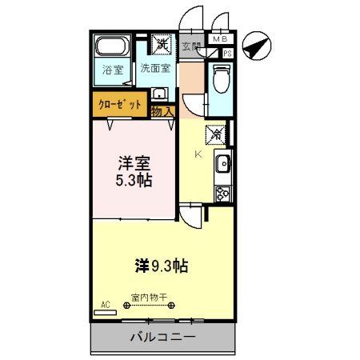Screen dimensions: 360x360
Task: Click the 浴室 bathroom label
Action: pos(113,70)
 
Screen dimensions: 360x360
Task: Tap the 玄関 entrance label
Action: pos(191,46)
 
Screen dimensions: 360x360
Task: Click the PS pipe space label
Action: pos(228,54)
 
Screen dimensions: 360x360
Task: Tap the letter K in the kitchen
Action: pos(198,154)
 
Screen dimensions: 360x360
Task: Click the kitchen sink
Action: pos(222,166)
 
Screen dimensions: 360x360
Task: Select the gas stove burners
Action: pos(222,193)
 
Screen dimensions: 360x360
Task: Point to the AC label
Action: pos(105,304)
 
